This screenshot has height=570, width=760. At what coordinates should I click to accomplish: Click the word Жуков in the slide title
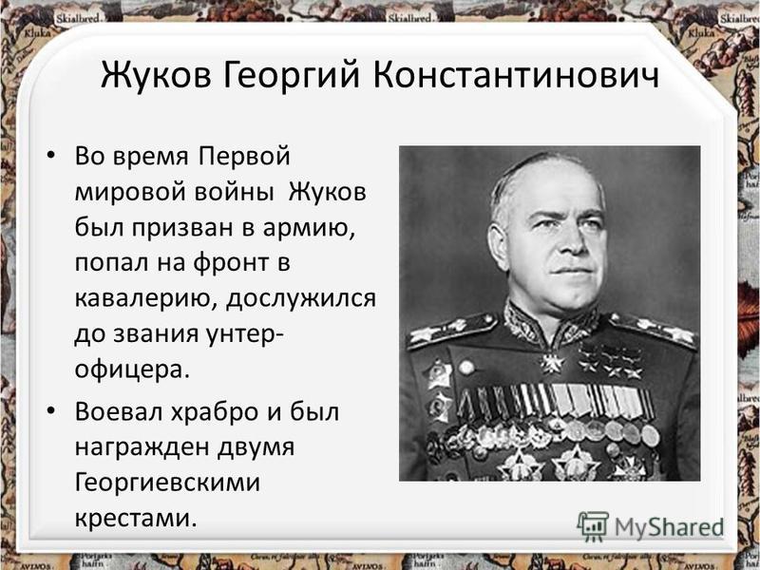(156, 75)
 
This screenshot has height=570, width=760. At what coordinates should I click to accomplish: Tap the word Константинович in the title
(516, 75)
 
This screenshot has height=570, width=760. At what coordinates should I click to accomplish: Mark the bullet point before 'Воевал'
(50, 411)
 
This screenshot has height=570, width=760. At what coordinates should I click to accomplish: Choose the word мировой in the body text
(130, 192)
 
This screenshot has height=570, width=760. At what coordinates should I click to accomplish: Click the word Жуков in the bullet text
(328, 192)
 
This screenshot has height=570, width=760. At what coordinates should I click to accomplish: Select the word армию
(310, 228)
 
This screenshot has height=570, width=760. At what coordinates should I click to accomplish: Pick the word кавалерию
(146, 299)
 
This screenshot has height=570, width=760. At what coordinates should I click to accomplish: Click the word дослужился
(301, 299)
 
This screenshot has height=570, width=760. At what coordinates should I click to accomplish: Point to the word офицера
(131, 370)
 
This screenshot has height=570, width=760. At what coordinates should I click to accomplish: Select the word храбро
(218, 412)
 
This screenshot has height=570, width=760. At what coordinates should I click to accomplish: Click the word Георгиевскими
(167, 483)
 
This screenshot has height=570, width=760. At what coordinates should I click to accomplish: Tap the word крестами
(136, 519)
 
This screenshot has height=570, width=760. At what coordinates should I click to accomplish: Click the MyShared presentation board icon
(592, 525)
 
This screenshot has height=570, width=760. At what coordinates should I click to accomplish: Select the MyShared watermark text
(669, 527)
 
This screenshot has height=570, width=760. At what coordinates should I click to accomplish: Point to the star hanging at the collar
(552, 364)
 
